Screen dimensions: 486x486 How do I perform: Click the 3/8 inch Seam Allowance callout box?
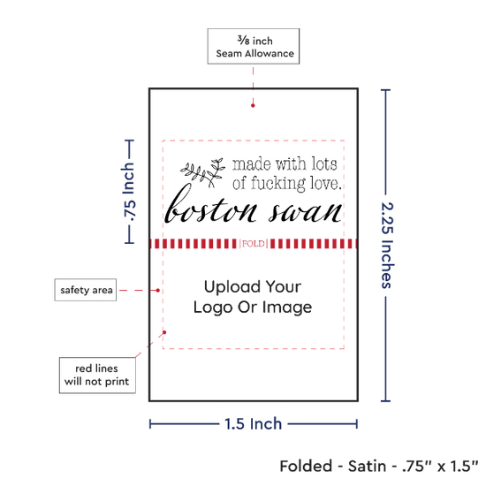254,46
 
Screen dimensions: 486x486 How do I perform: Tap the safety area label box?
86,290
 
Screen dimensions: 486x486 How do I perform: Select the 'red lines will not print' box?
97,375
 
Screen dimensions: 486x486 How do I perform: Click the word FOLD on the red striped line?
254,244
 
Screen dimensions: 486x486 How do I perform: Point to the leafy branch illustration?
203,172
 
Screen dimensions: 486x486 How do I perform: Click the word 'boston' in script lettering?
211,205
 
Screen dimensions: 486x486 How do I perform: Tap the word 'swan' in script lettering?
306,212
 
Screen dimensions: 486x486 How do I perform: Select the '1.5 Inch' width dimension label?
254,423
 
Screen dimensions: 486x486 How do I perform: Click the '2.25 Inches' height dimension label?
387,245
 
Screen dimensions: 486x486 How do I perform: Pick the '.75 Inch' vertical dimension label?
128,192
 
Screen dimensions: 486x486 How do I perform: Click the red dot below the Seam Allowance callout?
253,106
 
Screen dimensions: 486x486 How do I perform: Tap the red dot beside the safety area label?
158,291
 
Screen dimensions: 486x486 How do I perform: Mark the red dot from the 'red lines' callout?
164,332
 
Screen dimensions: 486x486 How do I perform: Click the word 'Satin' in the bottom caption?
367,467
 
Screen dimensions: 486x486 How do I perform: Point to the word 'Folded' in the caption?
306,467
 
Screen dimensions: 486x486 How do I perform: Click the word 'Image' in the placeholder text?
287,308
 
